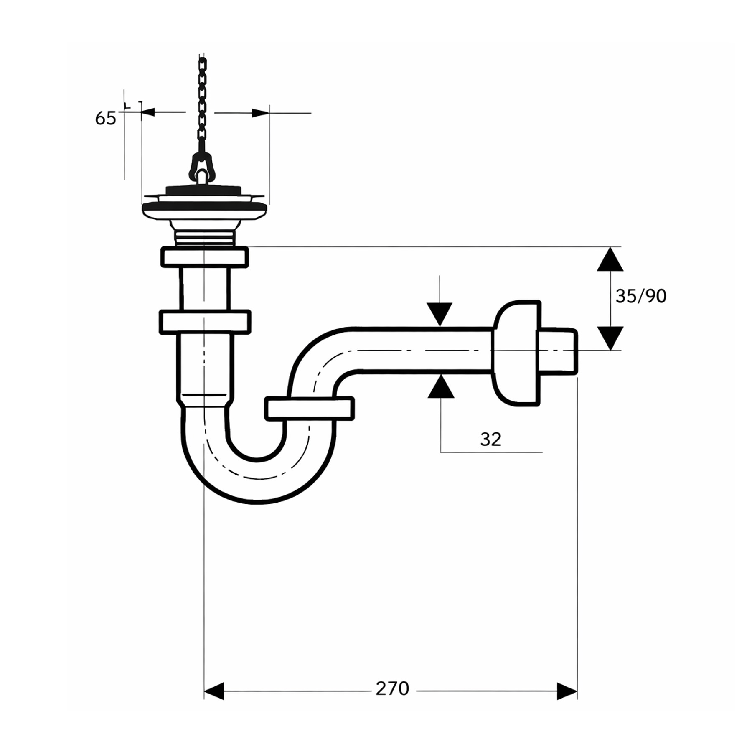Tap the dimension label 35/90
coord(640,296)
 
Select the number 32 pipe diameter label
coord(490,439)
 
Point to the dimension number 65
coord(105,119)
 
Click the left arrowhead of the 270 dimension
coord(214,691)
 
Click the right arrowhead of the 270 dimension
coord(567,691)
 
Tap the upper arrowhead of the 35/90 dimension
coord(610,260)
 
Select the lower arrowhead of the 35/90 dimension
coord(610,338)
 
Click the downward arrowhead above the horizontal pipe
coord(440,314)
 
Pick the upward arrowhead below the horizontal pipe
coord(440,386)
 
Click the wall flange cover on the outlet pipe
coord(516,353)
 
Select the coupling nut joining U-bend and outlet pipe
coord(310,408)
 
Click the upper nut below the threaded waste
coord(205,257)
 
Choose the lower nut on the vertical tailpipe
coord(205,322)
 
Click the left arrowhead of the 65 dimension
coord(148,112)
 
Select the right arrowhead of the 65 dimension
coord(260,113)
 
